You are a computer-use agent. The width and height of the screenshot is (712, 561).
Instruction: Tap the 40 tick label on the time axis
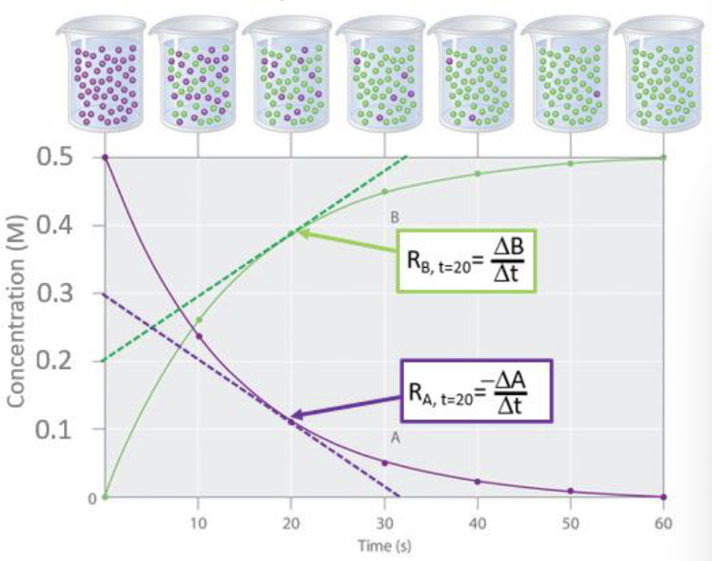(x=478, y=521)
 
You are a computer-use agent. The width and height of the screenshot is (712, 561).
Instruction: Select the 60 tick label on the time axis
(x=663, y=521)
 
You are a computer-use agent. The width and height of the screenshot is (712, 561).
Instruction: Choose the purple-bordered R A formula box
(x=478, y=392)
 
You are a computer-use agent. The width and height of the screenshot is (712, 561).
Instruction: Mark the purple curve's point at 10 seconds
(x=198, y=336)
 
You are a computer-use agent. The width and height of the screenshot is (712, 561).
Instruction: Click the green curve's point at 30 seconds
(x=384, y=191)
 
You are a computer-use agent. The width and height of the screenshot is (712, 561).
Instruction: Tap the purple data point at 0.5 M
(x=105, y=158)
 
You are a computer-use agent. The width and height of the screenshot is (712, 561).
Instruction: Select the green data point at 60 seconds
(x=663, y=158)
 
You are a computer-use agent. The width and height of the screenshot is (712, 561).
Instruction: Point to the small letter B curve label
(x=394, y=217)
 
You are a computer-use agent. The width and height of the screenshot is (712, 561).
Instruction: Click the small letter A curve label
(x=394, y=436)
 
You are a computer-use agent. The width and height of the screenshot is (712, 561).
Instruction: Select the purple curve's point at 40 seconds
(x=478, y=482)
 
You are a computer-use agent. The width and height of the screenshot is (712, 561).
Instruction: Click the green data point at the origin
(x=105, y=497)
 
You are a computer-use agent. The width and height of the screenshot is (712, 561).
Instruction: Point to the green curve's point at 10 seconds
(x=199, y=319)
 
